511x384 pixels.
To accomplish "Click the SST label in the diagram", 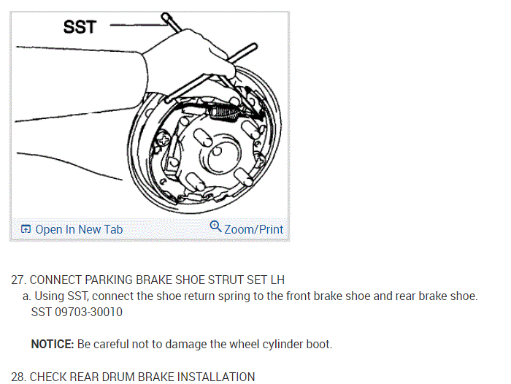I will coord(79,27).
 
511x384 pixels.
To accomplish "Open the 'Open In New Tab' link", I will coord(79,229).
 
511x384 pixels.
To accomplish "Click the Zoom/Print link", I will coord(253,229).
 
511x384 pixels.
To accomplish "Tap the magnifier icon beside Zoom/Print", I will coord(215,227).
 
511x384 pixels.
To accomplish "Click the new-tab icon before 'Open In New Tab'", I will coord(26,229).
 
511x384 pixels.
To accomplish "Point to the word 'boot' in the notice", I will coord(322,344).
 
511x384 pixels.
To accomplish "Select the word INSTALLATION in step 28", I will coord(217,377).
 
